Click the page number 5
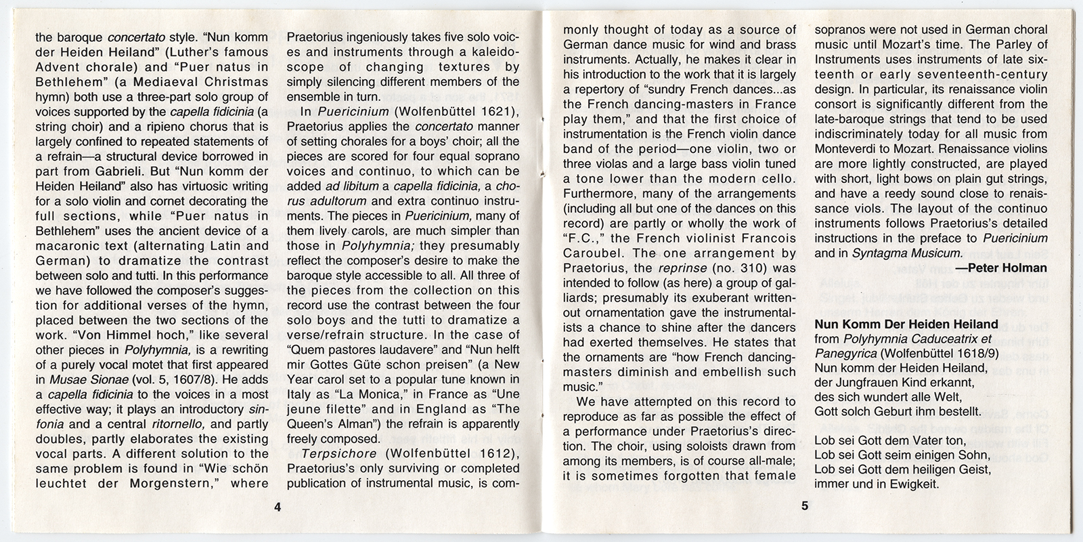click(804, 505)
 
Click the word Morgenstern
click(155, 484)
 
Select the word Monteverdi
click(848, 148)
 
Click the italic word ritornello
click(174, 424)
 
